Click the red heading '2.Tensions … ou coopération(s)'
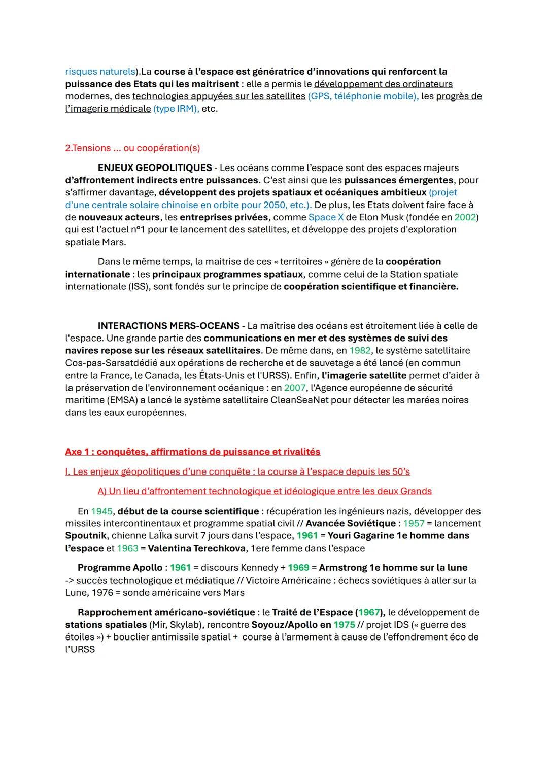[132, 148]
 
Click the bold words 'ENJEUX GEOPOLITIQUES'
[155, 168]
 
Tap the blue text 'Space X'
[326, 217]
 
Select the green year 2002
[465, 217]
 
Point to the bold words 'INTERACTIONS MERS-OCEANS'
[168, 326]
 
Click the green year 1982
[360, 351]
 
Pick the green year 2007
[295, 388]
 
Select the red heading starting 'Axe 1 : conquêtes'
[192, 452]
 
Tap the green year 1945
[102, 511]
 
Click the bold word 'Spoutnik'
[85, 536]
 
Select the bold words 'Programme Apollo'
[120, 568]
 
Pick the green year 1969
[298, 568]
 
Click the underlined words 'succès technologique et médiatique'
[155, 580]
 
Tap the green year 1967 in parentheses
[369, 613]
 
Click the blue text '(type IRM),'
[176, 109]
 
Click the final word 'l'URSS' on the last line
[80, 650]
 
